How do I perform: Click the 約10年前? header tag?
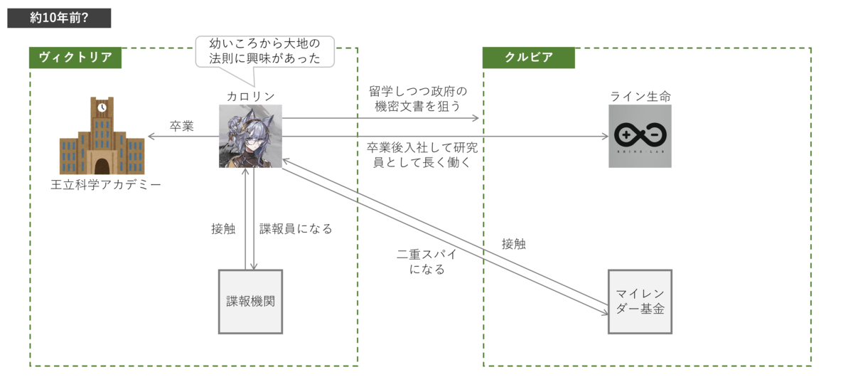59,18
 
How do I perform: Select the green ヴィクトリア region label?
75,58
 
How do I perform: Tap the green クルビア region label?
529,58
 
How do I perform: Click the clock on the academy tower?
102,107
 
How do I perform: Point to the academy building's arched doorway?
102,166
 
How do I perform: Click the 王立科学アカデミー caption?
106,185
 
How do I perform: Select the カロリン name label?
250,97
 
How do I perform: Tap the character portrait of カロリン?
250,136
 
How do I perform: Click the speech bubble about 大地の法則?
264,51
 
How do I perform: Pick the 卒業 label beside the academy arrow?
182,126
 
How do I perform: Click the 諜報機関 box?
250,302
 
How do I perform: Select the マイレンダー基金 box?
640,302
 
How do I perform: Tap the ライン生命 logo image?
640,136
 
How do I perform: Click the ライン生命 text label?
640,97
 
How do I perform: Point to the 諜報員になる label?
296,229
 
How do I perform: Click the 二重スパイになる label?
427,262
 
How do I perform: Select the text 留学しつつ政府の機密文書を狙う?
418,99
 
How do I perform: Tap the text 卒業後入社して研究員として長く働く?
422,155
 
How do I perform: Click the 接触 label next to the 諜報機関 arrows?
223,229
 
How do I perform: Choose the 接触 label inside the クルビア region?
514,244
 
